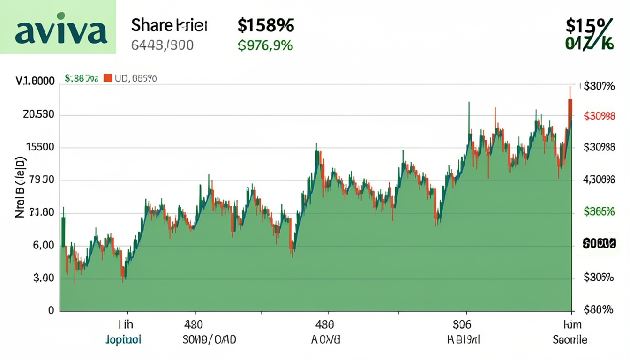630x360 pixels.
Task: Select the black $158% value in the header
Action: click(x=265, y=25)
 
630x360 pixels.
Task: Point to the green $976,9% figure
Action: click(x=265, y=45)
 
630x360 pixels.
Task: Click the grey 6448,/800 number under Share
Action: click(x=162, y=45)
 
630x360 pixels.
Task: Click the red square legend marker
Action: click(x=107, y=78)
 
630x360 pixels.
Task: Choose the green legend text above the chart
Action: click(x=82, y=79)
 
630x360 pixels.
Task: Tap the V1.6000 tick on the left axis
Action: click(x=35, y=81)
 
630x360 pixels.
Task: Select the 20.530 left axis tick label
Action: click(x=38, y=114)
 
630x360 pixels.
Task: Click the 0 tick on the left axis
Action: click(x=51, y=310)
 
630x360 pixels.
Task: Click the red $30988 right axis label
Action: click(x=599, y=116)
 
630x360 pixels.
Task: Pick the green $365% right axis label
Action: click(x=599, y=211)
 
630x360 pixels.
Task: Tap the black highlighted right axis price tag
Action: click(x=599, y=244)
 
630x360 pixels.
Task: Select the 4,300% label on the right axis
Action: click(x=599, y=179)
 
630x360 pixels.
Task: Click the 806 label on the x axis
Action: click(x=462, y=324)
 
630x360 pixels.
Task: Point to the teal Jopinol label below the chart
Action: click(x=124, y=339)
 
